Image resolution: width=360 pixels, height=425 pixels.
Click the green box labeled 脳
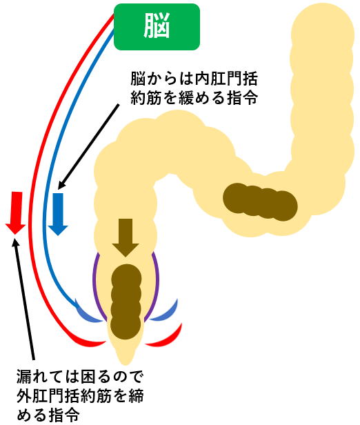click(157, 27)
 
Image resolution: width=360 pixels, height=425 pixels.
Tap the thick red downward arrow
click(16, 213)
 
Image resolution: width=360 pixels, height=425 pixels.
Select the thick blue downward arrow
click(58, 214)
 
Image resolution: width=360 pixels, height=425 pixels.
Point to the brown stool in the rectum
click(126, 301)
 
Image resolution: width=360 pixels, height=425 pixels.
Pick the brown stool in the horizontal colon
click(260, 201)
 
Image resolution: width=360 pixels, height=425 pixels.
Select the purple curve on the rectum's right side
click(155, 284)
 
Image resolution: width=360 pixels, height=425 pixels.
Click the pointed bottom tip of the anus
click(126, 364)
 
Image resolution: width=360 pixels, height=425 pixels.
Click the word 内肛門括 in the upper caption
click(226, 79)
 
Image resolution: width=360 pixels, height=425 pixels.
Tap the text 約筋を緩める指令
click(194, 97)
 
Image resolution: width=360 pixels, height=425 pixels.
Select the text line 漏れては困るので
click(79, 376)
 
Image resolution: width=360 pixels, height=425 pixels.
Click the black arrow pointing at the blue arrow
click(88, 146)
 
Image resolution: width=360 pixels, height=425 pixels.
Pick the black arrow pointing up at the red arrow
click(24, 298)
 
